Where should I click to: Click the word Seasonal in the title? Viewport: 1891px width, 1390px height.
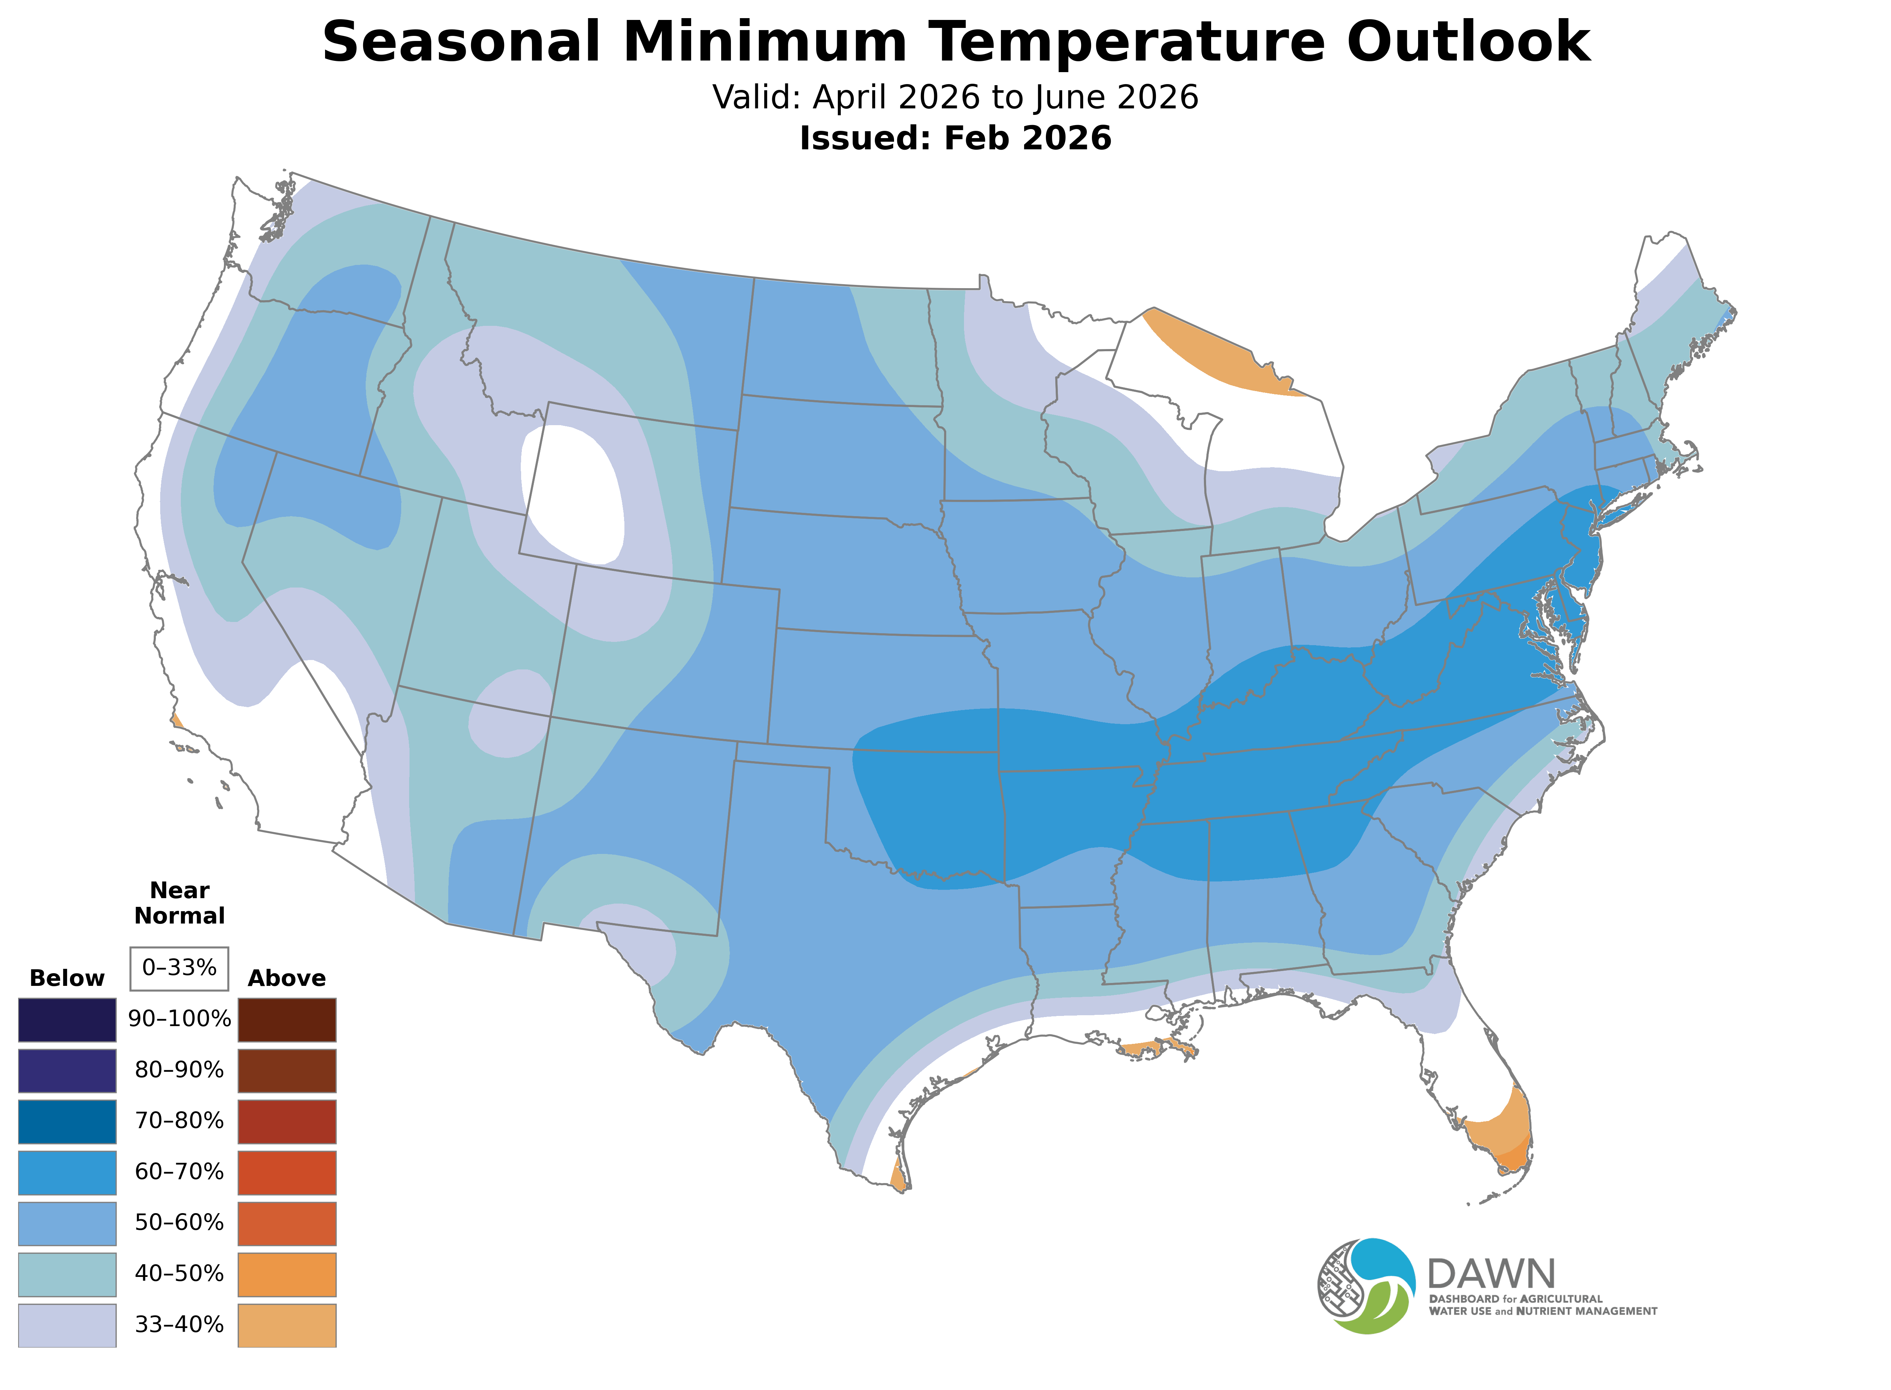pyautogui.click(x=461, y=42)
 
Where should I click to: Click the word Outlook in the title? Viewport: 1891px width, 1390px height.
pyautogui.click(x=1468, y=42)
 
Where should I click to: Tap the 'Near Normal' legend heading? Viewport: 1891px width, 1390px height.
pyautogui.click(x=179, y=903)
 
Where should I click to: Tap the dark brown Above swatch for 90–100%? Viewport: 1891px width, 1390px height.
pyautogui.click(x=287, y=1020)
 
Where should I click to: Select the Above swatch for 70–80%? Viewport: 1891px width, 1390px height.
pyautogui.click(x=287, y=1121)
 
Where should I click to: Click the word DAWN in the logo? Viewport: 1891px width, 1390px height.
pyautogui.click(x=1491, y=1275)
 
